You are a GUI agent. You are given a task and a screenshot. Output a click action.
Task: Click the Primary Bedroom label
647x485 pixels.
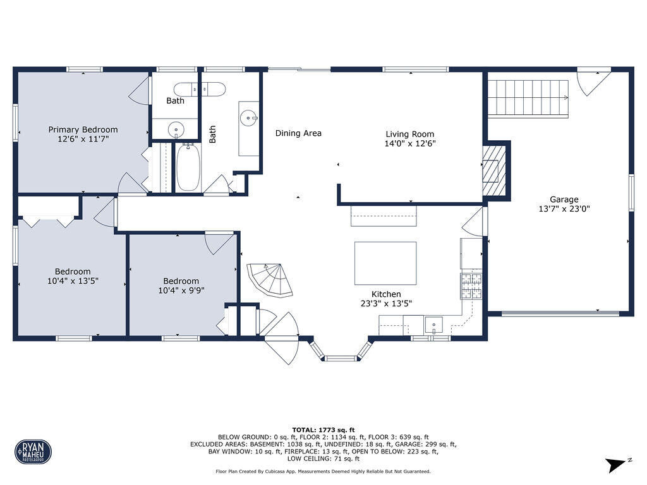pyautogui.click(x=83, y=129)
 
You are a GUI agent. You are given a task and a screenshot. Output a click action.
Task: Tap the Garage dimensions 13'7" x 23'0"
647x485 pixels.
pyautogui.click(x=564, y=208)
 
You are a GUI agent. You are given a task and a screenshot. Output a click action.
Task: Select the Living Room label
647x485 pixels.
pyautogui.click(x=409, y=134)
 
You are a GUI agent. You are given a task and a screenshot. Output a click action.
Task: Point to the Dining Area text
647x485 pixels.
pyautogui.click(x=298, y=133)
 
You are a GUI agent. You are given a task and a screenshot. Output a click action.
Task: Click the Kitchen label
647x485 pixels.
pyautogui.click(x=386, y=294)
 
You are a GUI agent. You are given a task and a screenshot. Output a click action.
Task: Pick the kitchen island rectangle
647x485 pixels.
pyautogui.click(x=385, y=263)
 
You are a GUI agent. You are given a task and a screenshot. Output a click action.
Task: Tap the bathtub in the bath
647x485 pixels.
pyautogui.click(x=188, y=167)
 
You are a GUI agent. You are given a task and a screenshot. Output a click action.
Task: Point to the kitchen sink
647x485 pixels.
pyautogui.click(x=433, y=325)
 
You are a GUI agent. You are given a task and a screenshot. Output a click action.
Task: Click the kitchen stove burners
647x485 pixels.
pyautogui.click(x=471, y=286)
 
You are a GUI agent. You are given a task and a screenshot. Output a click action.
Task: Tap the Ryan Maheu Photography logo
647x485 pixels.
pyautogui.click(x=33, y=452)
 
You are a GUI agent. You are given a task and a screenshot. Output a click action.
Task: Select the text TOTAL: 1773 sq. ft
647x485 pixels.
pyautogui.click(x=323, y=429)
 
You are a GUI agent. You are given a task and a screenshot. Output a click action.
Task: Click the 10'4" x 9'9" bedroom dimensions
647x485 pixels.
pyautogui.click(x=181, y=290)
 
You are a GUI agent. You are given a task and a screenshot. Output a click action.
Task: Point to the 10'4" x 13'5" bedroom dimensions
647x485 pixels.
pyautogui.click(x=73, y=281)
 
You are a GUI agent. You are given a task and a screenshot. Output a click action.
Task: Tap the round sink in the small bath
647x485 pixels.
pyautogui.click(x=176, y=129)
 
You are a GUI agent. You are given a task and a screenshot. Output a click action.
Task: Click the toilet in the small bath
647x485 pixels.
pyautogui.click(x=200, y=89)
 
